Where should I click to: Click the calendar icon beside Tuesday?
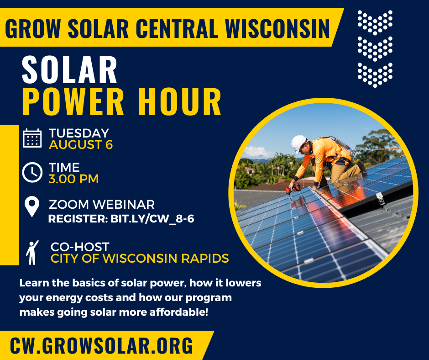point(32,138)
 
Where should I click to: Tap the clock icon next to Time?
point(32,172)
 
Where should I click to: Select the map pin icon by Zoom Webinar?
point(32,206)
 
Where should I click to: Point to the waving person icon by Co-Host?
point(32,252)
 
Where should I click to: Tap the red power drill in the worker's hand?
point(293,189)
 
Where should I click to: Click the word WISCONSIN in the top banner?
point(277,28)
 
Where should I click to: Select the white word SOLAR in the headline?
point(69,69)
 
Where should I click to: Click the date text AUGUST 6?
point(81,145)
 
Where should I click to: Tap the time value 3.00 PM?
point(73,179)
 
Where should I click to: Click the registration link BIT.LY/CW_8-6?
point(152,219)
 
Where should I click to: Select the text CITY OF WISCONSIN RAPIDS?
point(140,259)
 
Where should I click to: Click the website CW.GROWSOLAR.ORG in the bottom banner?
point(101,345)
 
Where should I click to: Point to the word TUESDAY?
point(79,133)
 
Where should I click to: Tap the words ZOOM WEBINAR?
point(102,204)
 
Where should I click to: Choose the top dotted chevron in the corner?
point(375,22)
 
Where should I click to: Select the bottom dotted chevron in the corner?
point(375,75)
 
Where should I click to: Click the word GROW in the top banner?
point(33,28)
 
